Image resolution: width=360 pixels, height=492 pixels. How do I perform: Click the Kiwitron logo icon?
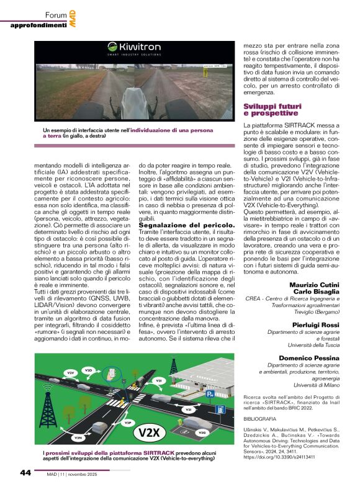[113, 46]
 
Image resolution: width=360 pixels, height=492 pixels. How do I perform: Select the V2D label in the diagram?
[88, 370]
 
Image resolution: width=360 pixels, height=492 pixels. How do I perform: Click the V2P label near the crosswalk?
[128, 423]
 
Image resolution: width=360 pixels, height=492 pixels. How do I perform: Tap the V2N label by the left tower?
[78, 438]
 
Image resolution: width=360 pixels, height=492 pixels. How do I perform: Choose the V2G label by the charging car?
[201, 432]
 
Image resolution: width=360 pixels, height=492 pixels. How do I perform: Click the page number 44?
[26, 473]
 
